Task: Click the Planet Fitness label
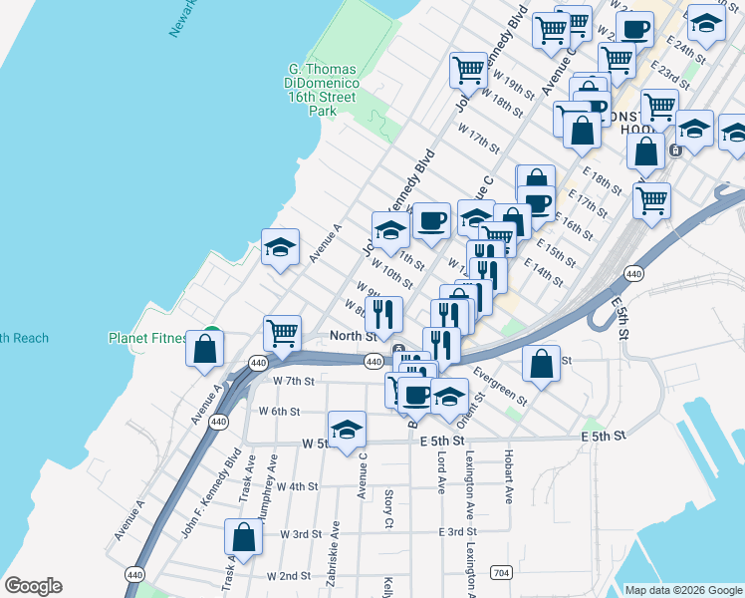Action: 147,338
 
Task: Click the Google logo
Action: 33,586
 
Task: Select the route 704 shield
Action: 501,572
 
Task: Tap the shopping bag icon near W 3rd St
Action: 244,538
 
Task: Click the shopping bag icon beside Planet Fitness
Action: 204,349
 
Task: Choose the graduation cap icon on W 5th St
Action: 347,430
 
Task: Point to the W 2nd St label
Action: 289,576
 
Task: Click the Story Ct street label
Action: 388,509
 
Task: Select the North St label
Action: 353,336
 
